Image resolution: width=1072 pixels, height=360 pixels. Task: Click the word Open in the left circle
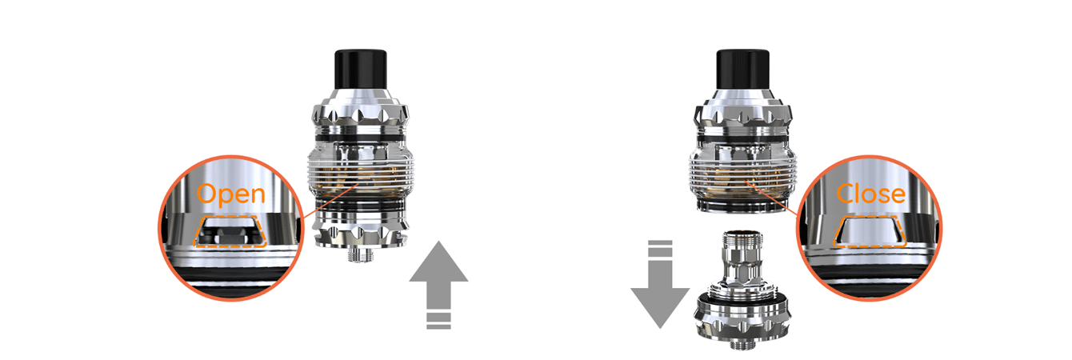(230, 194)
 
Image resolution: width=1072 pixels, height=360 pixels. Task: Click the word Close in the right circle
(870, 194)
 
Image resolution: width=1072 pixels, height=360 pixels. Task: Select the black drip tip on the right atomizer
(742, 69)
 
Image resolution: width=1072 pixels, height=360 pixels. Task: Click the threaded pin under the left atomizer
(360, 254)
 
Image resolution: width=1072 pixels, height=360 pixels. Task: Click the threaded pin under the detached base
(742, 345)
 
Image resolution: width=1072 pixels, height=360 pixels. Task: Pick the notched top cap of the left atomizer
(360, 112)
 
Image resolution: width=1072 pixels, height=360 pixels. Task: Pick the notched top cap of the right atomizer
(742, 112)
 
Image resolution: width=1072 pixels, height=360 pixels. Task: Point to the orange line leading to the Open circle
(331, 199)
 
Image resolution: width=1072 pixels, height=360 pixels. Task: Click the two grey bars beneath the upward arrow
(438, 322)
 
